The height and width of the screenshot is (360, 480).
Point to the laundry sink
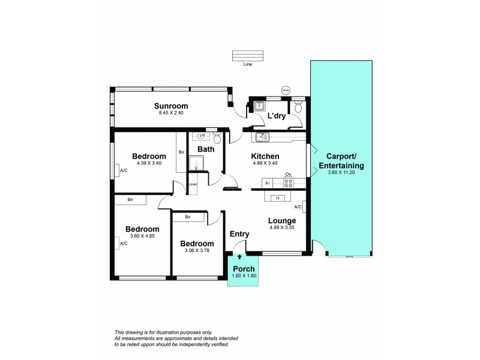(x=259, y=106)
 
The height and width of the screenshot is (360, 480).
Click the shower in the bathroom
(x=196, y=163)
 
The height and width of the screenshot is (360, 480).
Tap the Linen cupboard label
(x=193, y=184)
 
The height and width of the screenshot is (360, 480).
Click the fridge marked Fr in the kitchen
(x=268, y=182)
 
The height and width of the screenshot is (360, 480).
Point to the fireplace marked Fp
(x=277, y=197)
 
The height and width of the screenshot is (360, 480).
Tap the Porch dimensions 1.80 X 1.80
(x=244, y=275)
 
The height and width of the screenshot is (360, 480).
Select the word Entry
(x=240, y=234)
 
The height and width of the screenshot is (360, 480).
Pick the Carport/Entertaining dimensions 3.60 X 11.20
(x=341, y=173)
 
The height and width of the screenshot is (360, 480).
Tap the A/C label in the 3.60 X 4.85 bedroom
(x=123, y=243)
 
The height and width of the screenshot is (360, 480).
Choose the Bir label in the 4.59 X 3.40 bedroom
(x=181, y=152)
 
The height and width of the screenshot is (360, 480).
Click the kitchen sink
(x=261, y=137)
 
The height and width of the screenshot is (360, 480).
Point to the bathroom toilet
(x=217, y=139)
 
